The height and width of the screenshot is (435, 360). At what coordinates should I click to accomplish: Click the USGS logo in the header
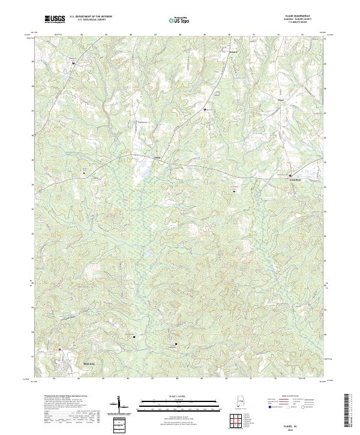[55, 19]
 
